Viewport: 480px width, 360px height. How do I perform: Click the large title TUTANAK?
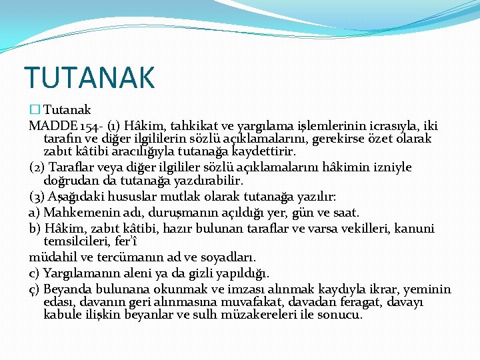pos(89,77)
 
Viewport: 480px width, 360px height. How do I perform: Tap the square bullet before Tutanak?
pos(35,110)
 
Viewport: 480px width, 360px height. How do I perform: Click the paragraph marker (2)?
pos(37,167)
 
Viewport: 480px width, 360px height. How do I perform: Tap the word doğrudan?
pos(69,181)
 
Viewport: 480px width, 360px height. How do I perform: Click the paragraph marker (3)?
pos(37,197)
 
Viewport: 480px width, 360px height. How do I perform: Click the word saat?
pos(346,213)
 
